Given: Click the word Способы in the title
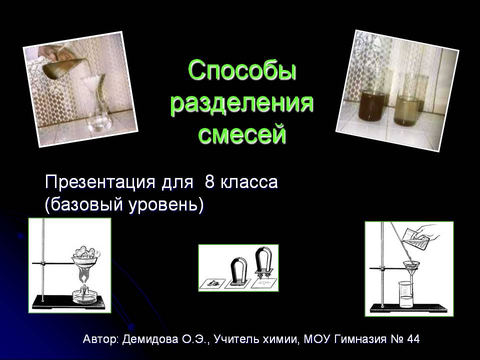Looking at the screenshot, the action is point(242,71).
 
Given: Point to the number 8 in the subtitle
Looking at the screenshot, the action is point(209,182).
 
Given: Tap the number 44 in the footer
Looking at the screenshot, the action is point(413,339).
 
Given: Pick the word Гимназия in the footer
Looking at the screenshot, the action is point(360,339).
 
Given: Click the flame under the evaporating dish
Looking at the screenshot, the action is point(83,275).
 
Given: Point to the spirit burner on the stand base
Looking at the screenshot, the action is point(83,293).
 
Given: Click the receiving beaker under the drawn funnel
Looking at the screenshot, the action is point(406,294).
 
